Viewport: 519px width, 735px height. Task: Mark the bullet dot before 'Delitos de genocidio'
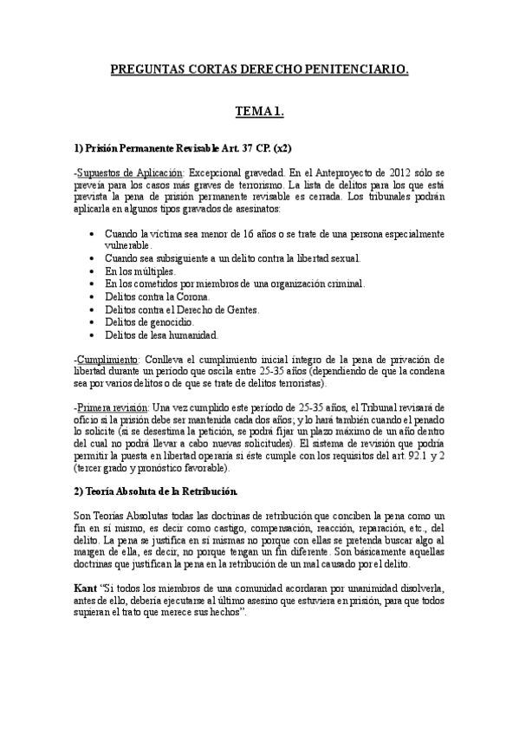point(94,321)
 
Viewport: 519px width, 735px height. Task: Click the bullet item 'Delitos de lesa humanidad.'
point(162,334)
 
